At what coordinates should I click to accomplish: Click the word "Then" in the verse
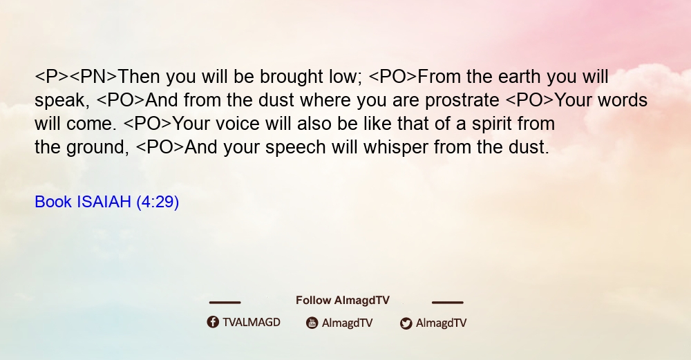(x=140, y=77)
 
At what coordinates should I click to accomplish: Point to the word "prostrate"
(x=462, y=101)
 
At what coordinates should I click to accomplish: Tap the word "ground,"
(x=98, y=148)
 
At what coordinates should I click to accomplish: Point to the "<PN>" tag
(x=93, y=77)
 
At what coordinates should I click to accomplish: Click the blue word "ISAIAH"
(x=104, y=202)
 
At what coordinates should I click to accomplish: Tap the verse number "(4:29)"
(x=158, y=202)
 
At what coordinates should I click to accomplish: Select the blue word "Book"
(x=53, y=202)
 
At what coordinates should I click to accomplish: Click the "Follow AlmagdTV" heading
(x=343, y=301)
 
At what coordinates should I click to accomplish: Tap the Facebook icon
(x=213, y=322)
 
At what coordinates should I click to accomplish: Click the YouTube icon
(x=312, y=323)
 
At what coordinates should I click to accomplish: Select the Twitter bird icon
(x=406, y=323)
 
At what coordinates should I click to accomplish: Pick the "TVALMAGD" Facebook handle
(x=252, y=323)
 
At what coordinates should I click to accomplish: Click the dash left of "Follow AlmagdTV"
(x=225, y=303)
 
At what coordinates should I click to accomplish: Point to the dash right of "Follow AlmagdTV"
(x=448, y=303)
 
